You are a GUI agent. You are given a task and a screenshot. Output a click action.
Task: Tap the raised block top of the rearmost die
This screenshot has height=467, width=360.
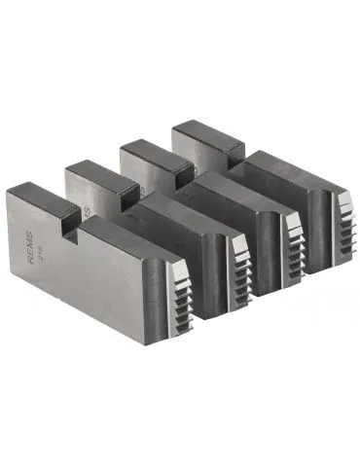pos(204,128)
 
